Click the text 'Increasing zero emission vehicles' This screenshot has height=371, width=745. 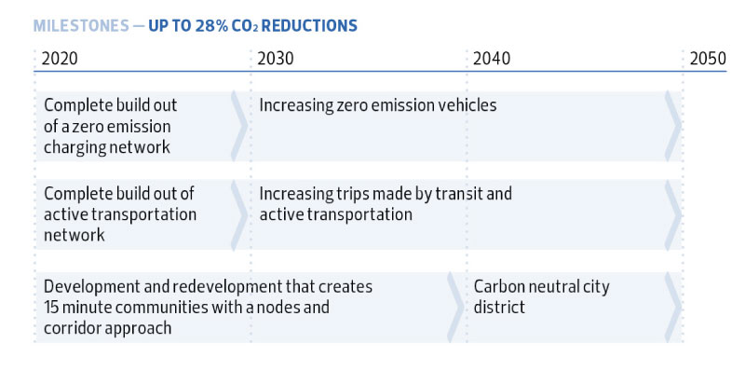[x=378, y=105]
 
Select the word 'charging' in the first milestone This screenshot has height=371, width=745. [x=73, y=147]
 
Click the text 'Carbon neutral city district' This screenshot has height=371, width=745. [x=541, y=296]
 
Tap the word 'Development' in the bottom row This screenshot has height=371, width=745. [x=88, y=287]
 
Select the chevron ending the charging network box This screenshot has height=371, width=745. [x=239, y=125]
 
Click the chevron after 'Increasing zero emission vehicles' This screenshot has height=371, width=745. [x=672, y=125]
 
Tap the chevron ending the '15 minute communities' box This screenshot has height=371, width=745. [x=455, y=307]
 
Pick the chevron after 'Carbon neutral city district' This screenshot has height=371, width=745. [x=672, y=307]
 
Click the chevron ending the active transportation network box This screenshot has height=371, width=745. [x=239, y=214]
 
